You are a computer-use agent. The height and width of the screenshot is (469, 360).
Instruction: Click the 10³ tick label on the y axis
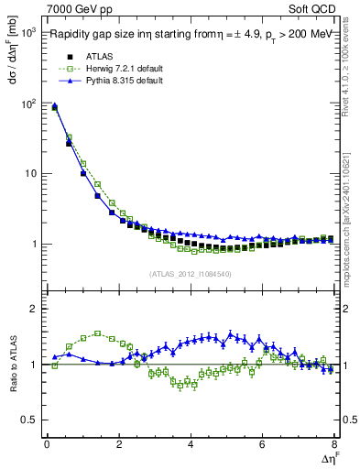[x=31, y=33]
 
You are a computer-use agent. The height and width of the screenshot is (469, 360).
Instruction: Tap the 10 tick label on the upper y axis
[x=33, y=174]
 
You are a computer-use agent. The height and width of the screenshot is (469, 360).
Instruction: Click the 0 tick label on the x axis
[x=47, y=444]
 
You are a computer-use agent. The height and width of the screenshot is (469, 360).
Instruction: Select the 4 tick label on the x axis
[x=191, y=444]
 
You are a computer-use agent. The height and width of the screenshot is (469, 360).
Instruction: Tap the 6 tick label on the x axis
[x=262, y=444]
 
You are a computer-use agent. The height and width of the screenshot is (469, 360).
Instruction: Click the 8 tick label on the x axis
[x=334, y=444]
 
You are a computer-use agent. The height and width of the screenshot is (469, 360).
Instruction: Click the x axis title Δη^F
[x=327, y=458]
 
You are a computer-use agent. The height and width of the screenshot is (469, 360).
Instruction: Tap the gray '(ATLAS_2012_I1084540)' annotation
[x=190, y=274]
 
